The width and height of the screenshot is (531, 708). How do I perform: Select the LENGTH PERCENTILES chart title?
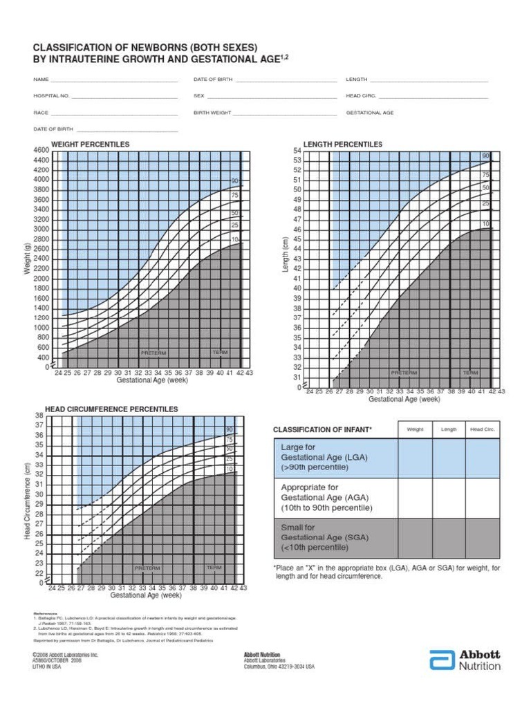pos(342,144)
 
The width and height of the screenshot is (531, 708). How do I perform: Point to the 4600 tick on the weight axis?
pos(40,150)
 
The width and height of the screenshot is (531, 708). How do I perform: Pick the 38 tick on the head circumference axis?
pos(39,416)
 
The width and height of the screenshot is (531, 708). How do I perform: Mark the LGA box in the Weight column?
pos(415,458)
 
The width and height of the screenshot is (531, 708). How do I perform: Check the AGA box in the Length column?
pos(449,496)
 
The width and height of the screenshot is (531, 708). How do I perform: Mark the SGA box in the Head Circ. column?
pos(482,537)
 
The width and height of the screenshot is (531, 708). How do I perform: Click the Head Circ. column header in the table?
pos(482,429)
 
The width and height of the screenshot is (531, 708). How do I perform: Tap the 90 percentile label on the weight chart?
pos(235,182)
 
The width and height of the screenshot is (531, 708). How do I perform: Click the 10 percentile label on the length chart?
pos(485,224)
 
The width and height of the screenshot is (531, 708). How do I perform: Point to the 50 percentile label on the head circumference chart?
pos(229,449)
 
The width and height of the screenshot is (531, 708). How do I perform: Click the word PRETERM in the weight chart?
pos(153,353)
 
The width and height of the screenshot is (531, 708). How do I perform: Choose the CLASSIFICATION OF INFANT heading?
pos(322,429)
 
